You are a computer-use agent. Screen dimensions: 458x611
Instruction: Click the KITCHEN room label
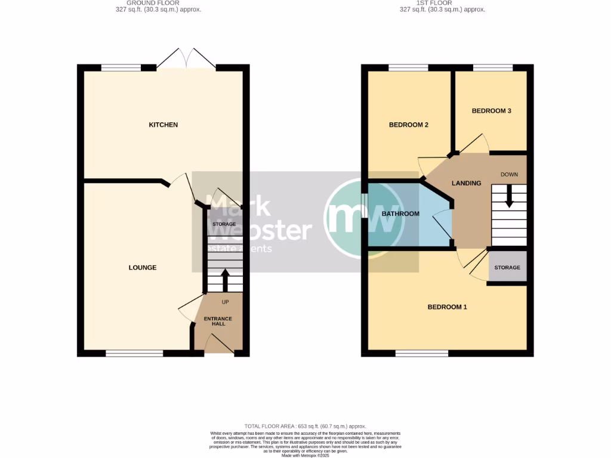[163, 125]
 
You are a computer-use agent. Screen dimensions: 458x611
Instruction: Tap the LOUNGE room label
[143, 268]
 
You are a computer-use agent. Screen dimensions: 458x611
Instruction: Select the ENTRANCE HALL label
[218, 321]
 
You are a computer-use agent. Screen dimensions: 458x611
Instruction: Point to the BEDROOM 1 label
[447, 307]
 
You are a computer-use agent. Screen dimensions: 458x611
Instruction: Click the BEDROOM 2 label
[409, 125]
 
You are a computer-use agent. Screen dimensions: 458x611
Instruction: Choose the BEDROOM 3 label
[491, 111]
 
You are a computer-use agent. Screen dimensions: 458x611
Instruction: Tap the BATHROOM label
[400, 214]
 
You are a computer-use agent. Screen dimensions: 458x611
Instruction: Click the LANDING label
[466, 183]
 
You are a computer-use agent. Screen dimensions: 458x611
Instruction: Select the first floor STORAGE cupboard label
[507, 268]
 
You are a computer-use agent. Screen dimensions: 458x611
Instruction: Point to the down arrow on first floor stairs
[509, 197]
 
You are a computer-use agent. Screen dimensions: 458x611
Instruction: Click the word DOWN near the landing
[509, 175]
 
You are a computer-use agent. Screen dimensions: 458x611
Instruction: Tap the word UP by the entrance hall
[225, 302]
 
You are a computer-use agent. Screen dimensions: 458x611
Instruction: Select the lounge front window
[134, 354]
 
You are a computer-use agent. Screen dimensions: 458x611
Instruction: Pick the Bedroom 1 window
[421, 354]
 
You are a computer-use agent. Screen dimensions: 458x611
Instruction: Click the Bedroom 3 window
[492, 67]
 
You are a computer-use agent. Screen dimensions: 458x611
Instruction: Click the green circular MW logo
[363, 217]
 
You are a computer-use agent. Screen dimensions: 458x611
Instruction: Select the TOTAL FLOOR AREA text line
[305, 427]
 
